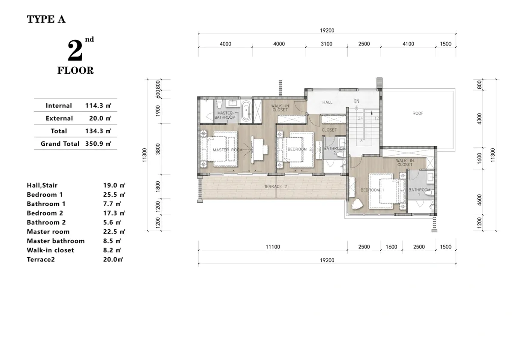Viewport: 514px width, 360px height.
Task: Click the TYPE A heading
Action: (46, 19)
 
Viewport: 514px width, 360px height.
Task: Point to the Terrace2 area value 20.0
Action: (110, 259)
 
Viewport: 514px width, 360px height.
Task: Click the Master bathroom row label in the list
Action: (56, 241)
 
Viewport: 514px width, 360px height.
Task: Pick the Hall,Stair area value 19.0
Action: (110, 185)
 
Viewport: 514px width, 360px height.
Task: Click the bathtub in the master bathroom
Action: (246, 111)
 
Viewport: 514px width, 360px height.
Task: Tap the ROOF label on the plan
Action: (418, 114)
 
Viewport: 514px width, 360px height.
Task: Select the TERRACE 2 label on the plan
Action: (275, 186)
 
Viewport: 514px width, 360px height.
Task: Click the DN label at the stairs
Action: (356, 101)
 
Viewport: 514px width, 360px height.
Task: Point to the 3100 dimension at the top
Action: (326, 44)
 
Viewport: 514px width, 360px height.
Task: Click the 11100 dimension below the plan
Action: (273, 247)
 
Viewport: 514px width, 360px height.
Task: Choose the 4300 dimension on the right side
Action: (479, 119)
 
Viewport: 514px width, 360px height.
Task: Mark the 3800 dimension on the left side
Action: (158, 149)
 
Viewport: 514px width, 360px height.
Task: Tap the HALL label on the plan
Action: (327, 102)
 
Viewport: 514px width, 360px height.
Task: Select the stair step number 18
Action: (360, 141)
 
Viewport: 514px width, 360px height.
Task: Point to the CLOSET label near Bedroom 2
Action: (329, 130)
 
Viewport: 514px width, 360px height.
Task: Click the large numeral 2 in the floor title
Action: (75, 50)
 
